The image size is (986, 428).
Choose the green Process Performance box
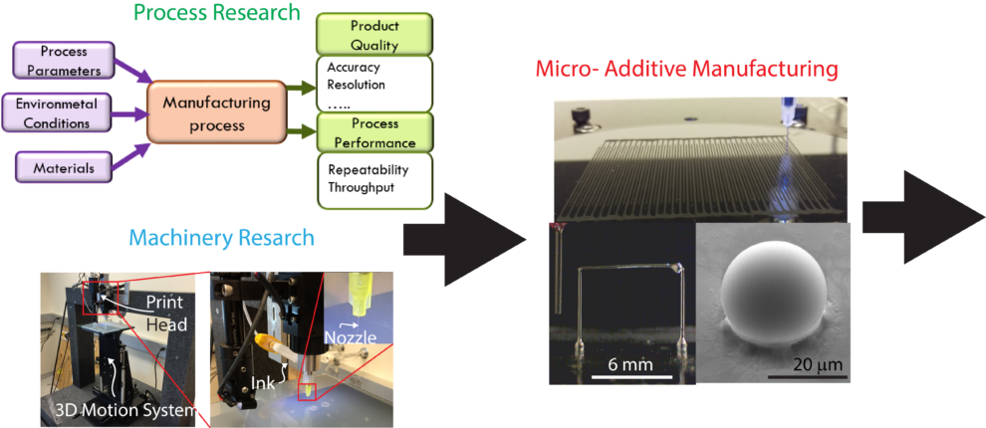point(375,133)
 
